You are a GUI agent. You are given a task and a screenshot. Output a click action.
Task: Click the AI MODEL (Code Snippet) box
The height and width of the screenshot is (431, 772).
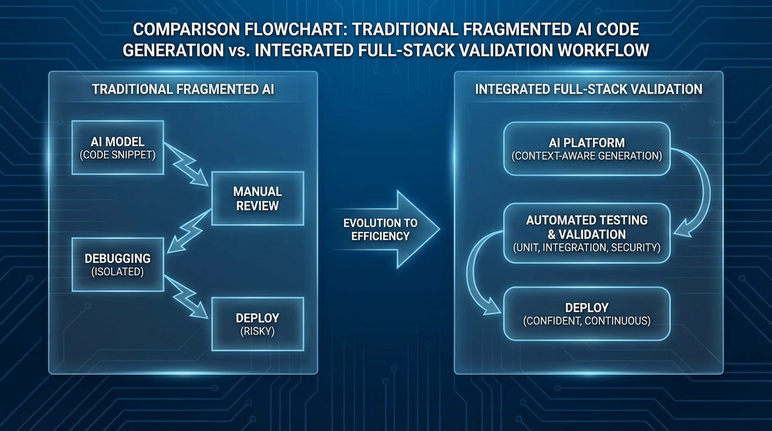[118, 147]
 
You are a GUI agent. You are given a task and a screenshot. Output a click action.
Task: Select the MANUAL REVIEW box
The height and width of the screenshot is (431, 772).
[258, 198]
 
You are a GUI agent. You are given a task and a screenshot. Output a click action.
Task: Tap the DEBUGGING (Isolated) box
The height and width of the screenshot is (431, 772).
[118, 264]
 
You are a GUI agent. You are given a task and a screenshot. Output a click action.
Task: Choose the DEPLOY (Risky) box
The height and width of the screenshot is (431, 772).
[258, 324]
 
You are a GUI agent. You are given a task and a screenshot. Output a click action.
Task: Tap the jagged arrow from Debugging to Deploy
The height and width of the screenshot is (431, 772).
[187, 296]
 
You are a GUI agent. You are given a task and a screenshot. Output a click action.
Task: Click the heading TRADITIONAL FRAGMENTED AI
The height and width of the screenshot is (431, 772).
[183, 89]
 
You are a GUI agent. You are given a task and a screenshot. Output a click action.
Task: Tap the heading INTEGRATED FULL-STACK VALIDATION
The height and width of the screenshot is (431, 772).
[589, 89]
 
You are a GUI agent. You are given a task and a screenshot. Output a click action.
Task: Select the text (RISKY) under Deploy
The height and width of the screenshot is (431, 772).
[258, 331]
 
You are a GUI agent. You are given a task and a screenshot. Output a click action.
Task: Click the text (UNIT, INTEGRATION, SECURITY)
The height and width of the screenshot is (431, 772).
[587, 247]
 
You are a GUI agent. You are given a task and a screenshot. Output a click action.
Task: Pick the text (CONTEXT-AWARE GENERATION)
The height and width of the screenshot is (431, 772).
[587, 156]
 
